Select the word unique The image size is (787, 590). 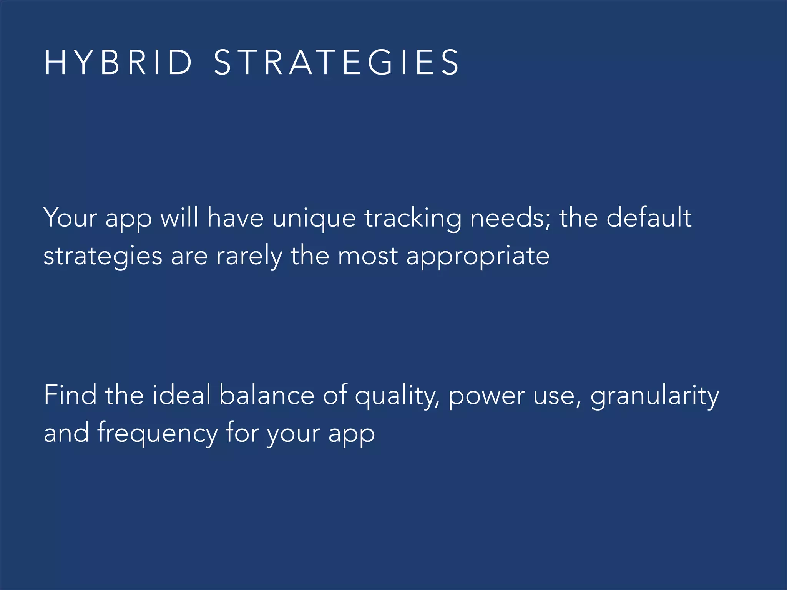314,218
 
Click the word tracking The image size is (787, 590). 413,218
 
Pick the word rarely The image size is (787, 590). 249,256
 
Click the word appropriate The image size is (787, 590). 478,257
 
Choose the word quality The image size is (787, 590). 396,396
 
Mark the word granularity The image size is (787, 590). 654,396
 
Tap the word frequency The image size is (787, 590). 157,433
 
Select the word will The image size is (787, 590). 179,217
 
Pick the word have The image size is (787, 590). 235,217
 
